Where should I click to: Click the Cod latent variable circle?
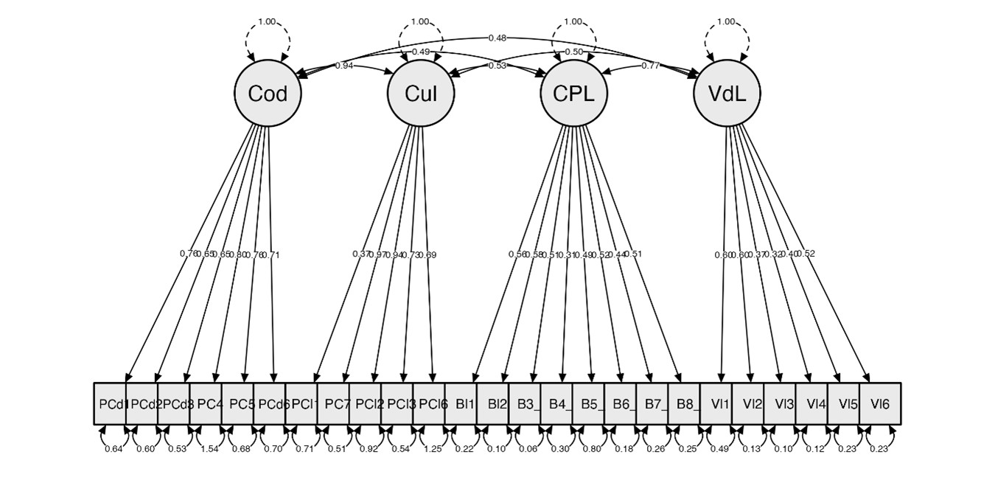pyautogui.click(x=268, y=94)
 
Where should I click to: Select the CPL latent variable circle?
pyautogui.click(x=573, y=94)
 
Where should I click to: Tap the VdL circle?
pyautogui.click(x=727, y=94)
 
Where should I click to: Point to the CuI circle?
pyautogui.click(x=421, y=94)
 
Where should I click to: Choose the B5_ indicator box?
pyautogui.click(x=588, y=404)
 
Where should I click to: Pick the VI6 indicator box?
pyautogui.click(x=880, y=404)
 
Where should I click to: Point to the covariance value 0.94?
pyautogui.click(x=344, y=66)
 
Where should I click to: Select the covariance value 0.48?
pyautogui.click(x=497, y=38)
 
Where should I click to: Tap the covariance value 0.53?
pyautogui.click(x=497, y=66)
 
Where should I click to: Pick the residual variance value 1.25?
pyautogui.click(x=429, y=448)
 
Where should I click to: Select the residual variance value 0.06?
pyautogui.click(x=525, y=448)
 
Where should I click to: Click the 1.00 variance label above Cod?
pyautogui.click(x=267, y=22)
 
